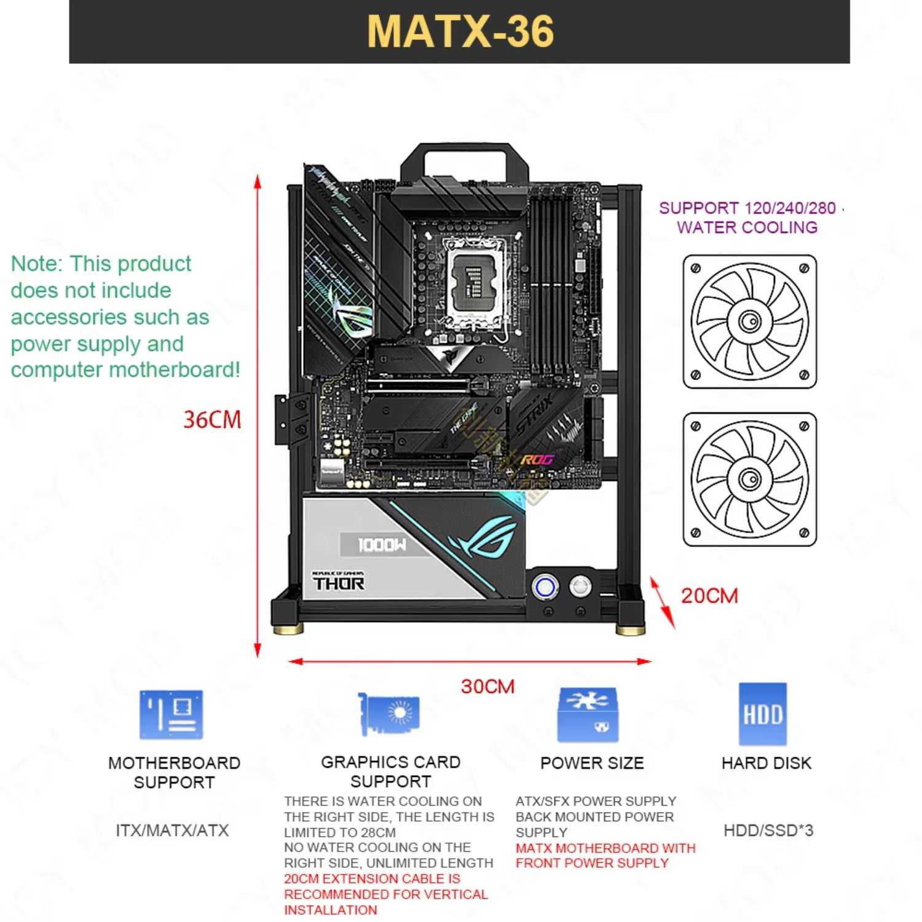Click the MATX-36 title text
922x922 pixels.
click(460, 31)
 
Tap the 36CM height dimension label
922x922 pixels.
click(212, 420)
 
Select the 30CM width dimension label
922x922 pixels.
click(487, 686)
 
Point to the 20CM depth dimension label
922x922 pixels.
click(709, 596)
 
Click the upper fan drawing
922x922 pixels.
click(749, 321)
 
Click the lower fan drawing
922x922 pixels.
click(749, 479)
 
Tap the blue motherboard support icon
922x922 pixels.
click(171, 714)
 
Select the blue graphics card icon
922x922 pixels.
click(389, 714)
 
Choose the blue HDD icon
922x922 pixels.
click(762, 714)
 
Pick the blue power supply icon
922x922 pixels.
click(588, 714)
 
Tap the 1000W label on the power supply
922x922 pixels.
click(382, 545)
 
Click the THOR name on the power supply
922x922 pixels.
click(339, 583)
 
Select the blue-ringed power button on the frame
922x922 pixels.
click(545, 587)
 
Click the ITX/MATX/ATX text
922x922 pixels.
click(172, 830)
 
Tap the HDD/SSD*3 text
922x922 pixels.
click(768, 830)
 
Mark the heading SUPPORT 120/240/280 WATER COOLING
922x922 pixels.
click(747, 218)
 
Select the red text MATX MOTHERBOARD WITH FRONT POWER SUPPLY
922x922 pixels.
click(605, 856)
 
